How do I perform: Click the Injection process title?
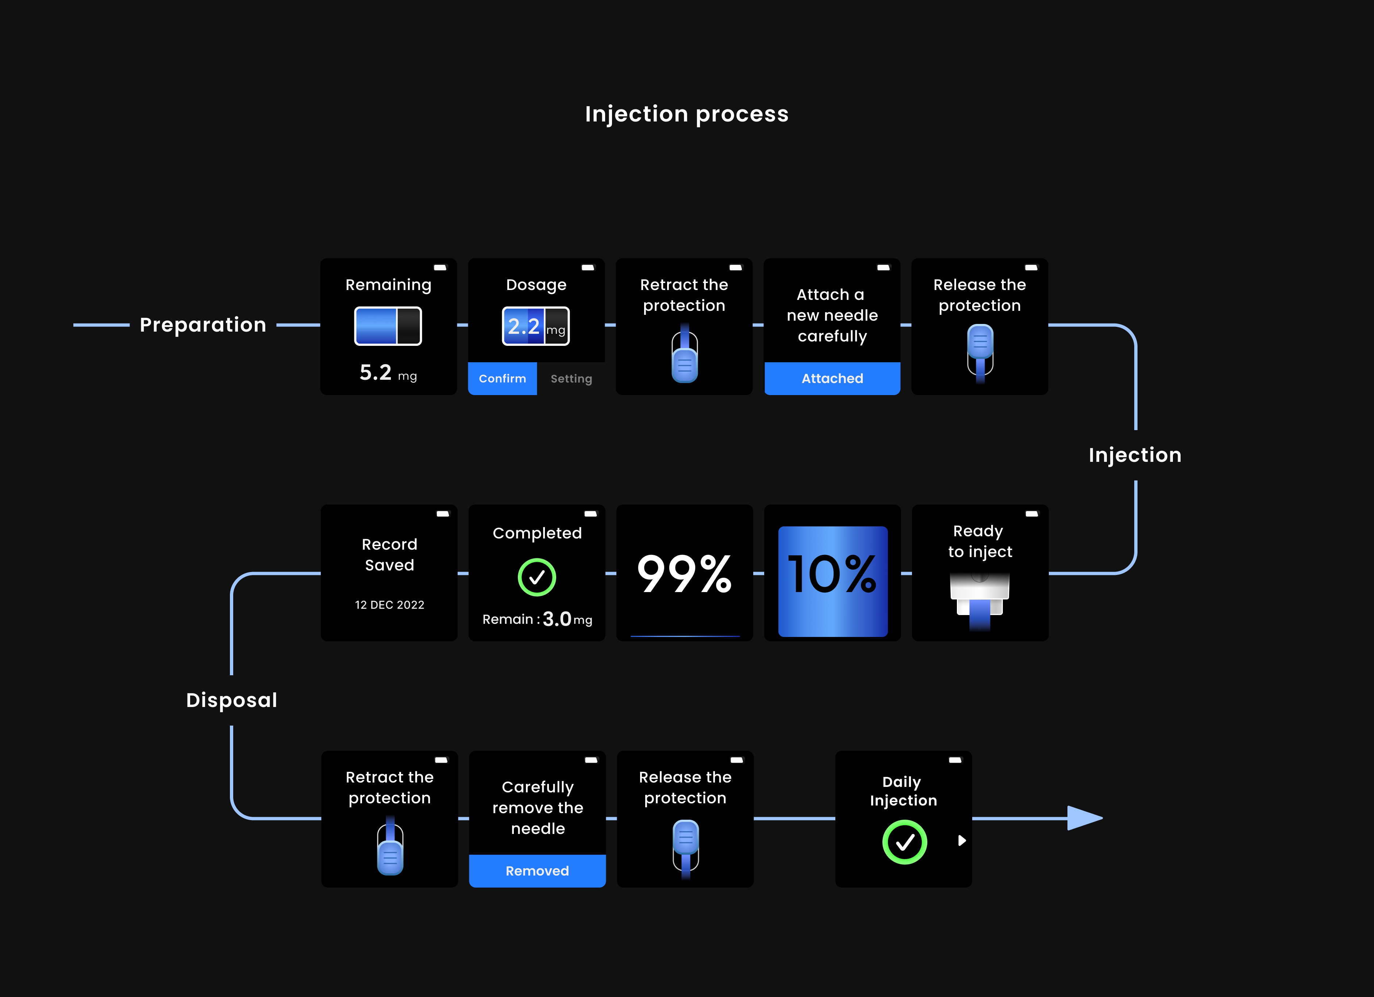tap(686, 114)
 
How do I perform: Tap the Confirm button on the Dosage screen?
tap(502, 379)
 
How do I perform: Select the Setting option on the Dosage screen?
tap(571, 379)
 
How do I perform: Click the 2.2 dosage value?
tap(523, 326)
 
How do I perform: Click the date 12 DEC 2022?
tap(389, 604)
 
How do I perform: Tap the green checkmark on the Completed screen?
tap(537, 577)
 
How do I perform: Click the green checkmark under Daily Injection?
tap(904, 842)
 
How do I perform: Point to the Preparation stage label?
tap(203, 325)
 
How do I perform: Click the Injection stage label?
tap(1135, 455)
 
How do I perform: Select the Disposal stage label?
tap(231, 700)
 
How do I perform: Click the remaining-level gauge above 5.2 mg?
tap(388, 326)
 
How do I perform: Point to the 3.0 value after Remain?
tap(557, 619)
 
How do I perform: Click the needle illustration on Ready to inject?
tap(979, 602)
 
